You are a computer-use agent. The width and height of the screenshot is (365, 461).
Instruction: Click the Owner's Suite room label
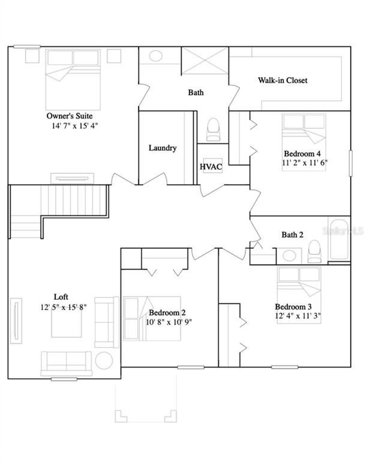(x=69, y=116)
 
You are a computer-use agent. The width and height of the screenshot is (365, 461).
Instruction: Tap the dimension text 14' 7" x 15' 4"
(x=75, y=126)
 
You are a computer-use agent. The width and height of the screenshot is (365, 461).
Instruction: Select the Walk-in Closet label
(x=283, y=80)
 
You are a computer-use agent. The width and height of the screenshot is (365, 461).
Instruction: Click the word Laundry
(x=162, y=148)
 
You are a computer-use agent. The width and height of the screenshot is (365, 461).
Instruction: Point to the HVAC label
(x=211, y=167)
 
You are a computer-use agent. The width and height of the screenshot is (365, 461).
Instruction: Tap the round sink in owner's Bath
(x=156, y=56)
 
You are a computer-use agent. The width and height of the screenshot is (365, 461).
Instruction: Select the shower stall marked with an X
(x=205, y=61)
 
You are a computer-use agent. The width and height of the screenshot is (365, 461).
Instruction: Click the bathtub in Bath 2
(x=339, y=239)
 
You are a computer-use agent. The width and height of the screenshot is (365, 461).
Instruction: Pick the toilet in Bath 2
(x=315, y=251)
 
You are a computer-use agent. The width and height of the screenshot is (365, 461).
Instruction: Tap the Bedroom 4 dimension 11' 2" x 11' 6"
(x=305, y=163)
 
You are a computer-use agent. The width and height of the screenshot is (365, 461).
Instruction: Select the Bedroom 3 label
(x=293, y=307)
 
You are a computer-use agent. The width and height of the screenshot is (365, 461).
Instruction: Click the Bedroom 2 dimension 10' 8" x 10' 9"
(x=169, y=322)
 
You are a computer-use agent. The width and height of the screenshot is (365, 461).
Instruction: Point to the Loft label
(x=61, y=297)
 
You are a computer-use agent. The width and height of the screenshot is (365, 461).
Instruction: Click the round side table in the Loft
(x=104, y=361)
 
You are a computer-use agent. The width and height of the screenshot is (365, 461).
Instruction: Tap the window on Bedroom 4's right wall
(x=350, y=163)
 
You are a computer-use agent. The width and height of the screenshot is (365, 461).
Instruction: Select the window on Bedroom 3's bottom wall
(x=284, y=367)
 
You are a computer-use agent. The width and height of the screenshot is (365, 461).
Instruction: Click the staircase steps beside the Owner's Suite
(x=74, y=200)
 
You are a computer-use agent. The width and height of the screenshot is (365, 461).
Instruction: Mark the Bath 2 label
(x=292, y=235)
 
